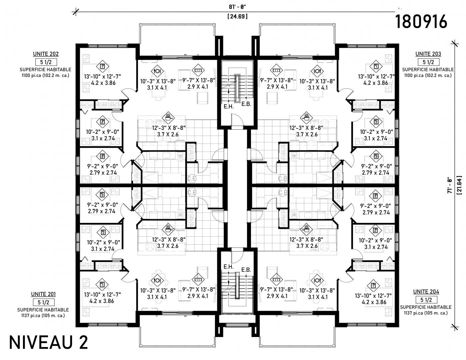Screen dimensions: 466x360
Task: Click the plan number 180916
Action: pyautogui.click(x=421, y=21)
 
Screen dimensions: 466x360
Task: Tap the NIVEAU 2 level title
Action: pyautogui.click(x=48, y=343)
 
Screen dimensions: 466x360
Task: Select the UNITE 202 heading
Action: pyautogui.click(x=46, y=54)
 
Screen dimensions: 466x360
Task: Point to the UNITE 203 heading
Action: pyautogui.click(x=428, y=54)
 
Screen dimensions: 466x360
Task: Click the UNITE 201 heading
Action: pyautogui.click(x=44, y=294)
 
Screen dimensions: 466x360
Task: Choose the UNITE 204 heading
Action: pyautogui.click(x=426, y=292)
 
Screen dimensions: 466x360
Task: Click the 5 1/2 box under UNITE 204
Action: pyautogui.click(x=426, y=300)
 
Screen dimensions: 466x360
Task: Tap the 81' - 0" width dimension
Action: pyautogui.click(x=237, y=7)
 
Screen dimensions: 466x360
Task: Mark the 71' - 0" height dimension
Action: pyautogui.click(x=449, y=186)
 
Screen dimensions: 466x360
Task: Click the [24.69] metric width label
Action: pyautogui.click(x=237, y=16)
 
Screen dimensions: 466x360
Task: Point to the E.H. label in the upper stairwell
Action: pyautogui.click(x=229, y=106)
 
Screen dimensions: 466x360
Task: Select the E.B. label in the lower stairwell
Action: pyautogui.click(x=246, y=270)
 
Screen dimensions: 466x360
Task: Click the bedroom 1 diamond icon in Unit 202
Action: pyautogui.click(x=103, y=66)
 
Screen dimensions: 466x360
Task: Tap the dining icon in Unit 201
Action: pyautogui.click(x=157, y=280)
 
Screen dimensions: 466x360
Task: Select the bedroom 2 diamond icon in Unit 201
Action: pyautogui.click(x=103, y=232)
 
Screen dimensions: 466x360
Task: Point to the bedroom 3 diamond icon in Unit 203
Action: pyautogui.click(x=376, y=156)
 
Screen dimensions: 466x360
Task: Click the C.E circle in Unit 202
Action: pyautogui.click(x=192, y=179)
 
